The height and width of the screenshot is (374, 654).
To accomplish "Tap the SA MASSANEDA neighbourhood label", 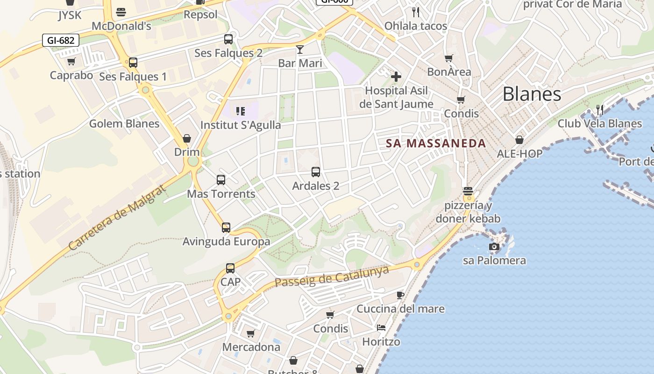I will point(436,144).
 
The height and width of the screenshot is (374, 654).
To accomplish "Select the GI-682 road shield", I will point(61,40).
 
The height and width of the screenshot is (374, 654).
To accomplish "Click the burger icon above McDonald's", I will point(121,12).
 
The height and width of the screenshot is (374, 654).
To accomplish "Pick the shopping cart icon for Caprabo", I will point(71,61).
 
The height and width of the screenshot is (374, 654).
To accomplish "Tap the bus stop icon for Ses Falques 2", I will point(228,39).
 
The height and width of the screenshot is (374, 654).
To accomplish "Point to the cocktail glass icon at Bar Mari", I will point(300,49).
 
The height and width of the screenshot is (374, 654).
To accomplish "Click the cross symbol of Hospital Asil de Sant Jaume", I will point(396,76).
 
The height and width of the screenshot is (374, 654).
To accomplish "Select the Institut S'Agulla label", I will point(241,125).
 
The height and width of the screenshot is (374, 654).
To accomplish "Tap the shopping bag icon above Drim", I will point(187,138).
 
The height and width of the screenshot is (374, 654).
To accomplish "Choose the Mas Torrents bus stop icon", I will point(221,180).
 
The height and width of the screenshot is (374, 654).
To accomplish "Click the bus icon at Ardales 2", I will point(316,172).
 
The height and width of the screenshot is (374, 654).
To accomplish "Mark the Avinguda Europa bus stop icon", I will point(226,228).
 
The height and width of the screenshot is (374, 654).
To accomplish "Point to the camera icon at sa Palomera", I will point(494,246).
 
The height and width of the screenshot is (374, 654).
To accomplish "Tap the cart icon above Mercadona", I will point(251,333).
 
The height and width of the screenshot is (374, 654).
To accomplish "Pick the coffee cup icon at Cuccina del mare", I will point(400,295).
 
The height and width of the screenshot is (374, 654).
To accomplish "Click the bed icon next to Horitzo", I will point(381,328).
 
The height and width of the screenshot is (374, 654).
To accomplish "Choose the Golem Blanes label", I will point(124,124).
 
